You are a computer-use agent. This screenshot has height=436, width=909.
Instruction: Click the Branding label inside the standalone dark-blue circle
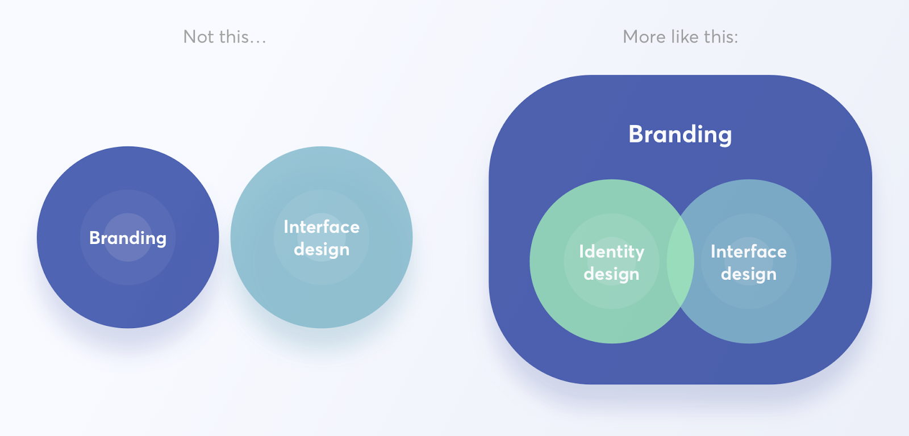(x=128, y=238)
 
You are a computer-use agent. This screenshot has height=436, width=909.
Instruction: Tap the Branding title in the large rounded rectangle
(x=680, y=135)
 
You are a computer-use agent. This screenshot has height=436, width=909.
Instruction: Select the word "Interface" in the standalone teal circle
(x=322, y=227)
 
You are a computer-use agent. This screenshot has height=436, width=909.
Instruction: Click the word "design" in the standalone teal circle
(x=322, y=249)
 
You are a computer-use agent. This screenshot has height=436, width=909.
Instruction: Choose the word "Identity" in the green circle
(x=611, y=252)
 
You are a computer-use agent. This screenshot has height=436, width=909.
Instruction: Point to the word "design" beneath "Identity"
(x=611, y=274)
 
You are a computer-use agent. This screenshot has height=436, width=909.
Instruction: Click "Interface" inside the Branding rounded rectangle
(x=749, y=251)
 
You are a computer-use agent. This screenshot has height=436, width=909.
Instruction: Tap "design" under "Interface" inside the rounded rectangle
(x=749, y=274)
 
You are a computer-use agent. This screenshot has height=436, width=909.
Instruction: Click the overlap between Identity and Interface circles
(x=680, y=262)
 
